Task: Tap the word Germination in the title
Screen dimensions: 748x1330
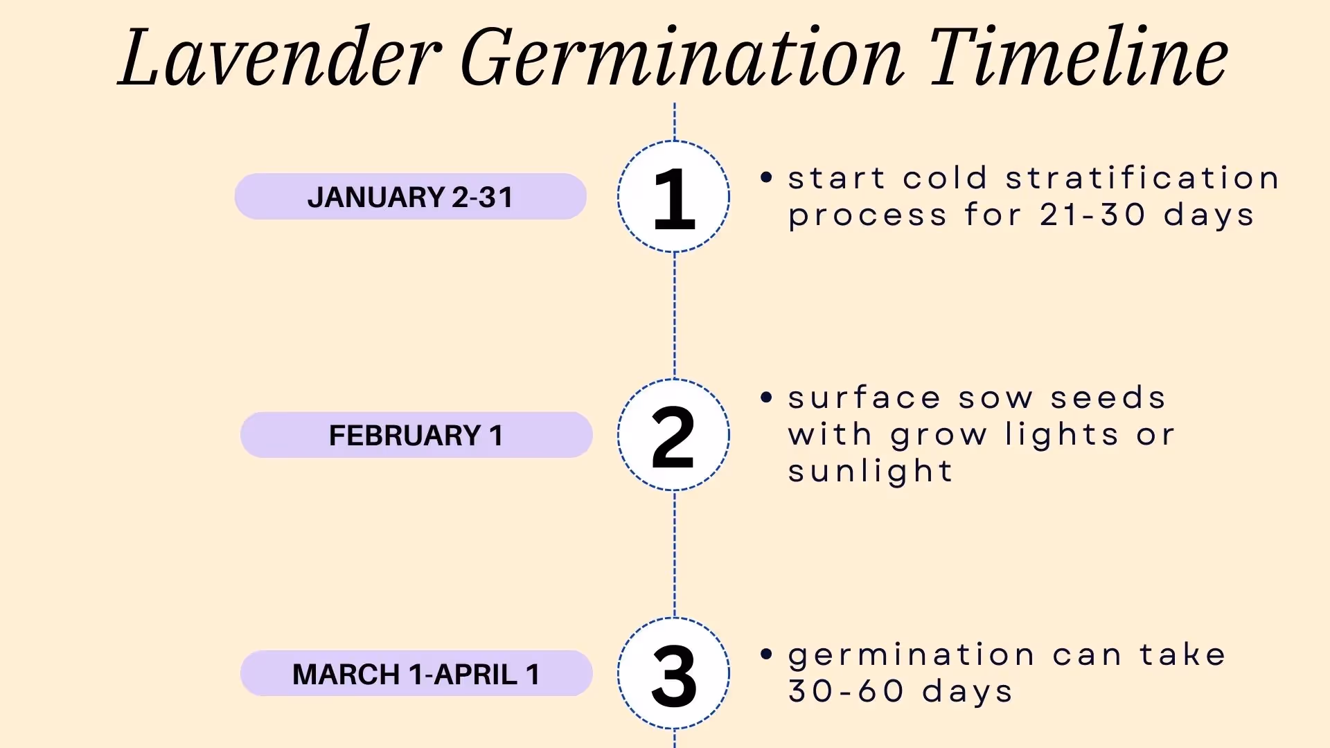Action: (682, 59)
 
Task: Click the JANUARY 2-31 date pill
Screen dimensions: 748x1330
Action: (410, 197)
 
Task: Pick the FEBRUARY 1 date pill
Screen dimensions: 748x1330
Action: (416, 435)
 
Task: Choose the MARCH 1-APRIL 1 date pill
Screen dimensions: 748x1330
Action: (416, 673)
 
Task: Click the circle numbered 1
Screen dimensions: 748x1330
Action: (673, 197)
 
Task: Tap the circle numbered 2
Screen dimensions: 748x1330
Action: (673, 435)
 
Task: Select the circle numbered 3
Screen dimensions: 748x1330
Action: (673, 673)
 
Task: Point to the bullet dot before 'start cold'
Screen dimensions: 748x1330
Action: (765, 177)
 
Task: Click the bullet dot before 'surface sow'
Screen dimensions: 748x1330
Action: (765, 398)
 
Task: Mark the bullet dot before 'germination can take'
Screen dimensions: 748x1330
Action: (765, 654)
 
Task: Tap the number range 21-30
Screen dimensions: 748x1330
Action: (1092, 215)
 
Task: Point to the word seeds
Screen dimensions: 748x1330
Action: (1108, 398)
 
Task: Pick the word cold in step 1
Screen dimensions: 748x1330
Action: (945, 178)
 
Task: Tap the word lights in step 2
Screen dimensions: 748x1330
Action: (1062, 435)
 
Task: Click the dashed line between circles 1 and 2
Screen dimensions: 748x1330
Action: (675, 315)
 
